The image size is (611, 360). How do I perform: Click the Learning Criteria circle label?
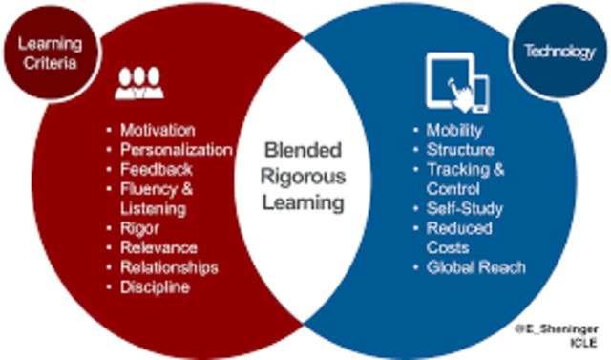point(51,53)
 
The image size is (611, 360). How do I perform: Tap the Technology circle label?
point(560,51)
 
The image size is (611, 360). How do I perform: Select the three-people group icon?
point(139,82)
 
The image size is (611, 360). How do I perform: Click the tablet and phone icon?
point(458,82)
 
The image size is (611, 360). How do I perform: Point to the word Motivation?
point(158,130)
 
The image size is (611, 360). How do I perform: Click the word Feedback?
point(157,169)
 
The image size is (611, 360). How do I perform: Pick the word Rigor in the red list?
point(139,228)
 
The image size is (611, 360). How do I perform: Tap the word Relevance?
point(159,247)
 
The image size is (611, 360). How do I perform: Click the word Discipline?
point(155,287)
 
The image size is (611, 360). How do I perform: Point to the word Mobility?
point(454,130)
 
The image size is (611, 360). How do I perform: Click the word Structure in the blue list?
point(460,150)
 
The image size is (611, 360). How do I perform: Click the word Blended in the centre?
point(304,150)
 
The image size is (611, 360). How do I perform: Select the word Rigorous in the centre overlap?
point(304,177)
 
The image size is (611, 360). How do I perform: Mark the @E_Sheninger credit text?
point(556,329)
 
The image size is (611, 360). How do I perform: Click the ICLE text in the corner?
point(583,343)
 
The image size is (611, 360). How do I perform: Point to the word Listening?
point(153,209)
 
